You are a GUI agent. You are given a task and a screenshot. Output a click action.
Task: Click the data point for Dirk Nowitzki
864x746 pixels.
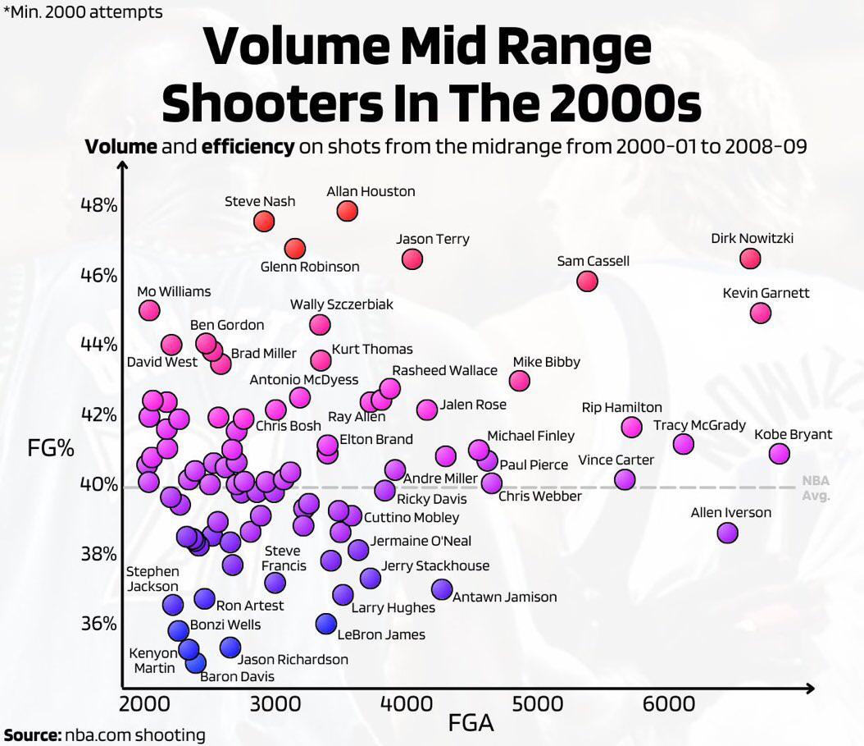point(750,259)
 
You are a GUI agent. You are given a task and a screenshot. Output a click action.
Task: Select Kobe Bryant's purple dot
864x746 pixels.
point(780,454)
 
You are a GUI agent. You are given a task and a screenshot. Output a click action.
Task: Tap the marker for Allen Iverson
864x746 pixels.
point(727,533)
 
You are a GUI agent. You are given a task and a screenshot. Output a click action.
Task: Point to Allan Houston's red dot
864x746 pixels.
point(348,211)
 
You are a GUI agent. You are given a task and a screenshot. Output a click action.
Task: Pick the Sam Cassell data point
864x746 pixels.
point(587,281)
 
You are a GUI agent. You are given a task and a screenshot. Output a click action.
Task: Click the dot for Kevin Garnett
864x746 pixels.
point(761,313)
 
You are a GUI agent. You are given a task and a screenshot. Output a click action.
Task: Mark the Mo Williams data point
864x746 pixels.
point(149,310)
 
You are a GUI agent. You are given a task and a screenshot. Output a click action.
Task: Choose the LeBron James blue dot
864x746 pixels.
point(326,624)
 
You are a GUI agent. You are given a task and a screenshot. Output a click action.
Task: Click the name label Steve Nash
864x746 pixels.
point(260,201)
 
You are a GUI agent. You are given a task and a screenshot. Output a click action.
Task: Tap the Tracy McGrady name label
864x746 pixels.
point(699,425)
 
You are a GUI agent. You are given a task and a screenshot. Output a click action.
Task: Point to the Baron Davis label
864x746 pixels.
point(237,676)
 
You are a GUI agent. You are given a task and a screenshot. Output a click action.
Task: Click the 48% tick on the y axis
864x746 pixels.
point(98,204)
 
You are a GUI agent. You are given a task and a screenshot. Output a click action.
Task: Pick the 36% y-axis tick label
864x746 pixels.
point(98,624)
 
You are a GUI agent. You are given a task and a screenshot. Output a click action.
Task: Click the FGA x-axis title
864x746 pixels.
point(471,723)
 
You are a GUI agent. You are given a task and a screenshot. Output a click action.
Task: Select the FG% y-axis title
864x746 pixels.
point(51,450)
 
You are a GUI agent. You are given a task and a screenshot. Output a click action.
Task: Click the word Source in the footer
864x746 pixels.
point(31,735)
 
